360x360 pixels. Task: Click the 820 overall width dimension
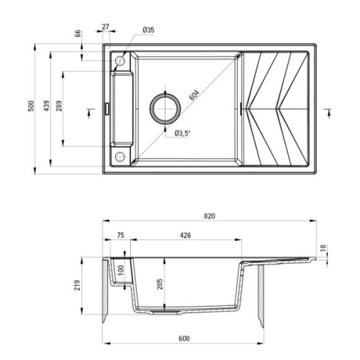pyautogui.click(x=210, y=215)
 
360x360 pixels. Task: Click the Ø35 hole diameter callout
pyautogui.click(x=149, y=30)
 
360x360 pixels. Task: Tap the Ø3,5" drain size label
pyautogui.click(x=181, y=132)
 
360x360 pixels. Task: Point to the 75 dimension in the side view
pyautogui.click(x=120, y=234)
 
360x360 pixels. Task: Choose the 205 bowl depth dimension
pyautogui.click(x=160, y=285)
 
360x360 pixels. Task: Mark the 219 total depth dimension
pyautogui.click(x=86, y=285)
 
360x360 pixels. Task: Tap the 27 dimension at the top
pyautogui.click(x=107, y=27)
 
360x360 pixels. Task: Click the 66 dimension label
pyautogui.click(x=78, y=35)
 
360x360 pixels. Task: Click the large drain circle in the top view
pyautogui.click(x=167, y=109)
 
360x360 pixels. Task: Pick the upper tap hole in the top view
pyautogui.click(x=120, y=63)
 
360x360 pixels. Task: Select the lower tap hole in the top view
pyautogui.click(x=120, y=156)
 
